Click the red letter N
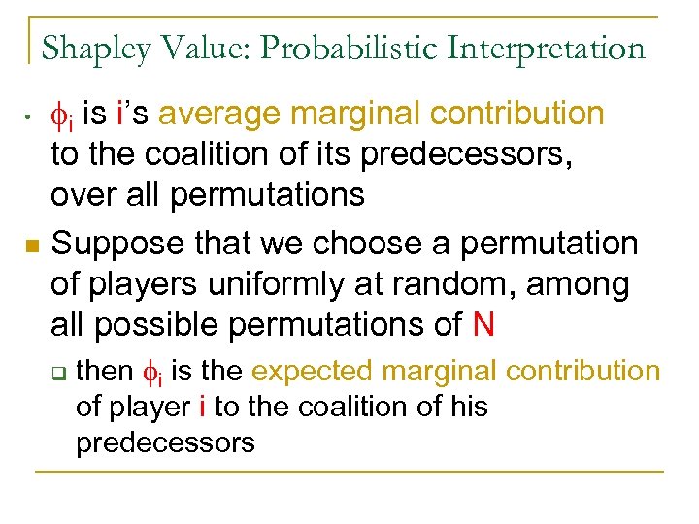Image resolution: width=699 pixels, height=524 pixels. [x=483, y=325]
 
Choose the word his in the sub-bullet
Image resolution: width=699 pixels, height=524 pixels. [x=467, y=407]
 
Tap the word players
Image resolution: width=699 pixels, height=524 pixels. [x=144, y=285]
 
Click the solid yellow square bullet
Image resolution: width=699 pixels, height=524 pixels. [x=30, y=246]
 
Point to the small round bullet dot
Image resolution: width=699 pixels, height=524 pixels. [x=30, y=117]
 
